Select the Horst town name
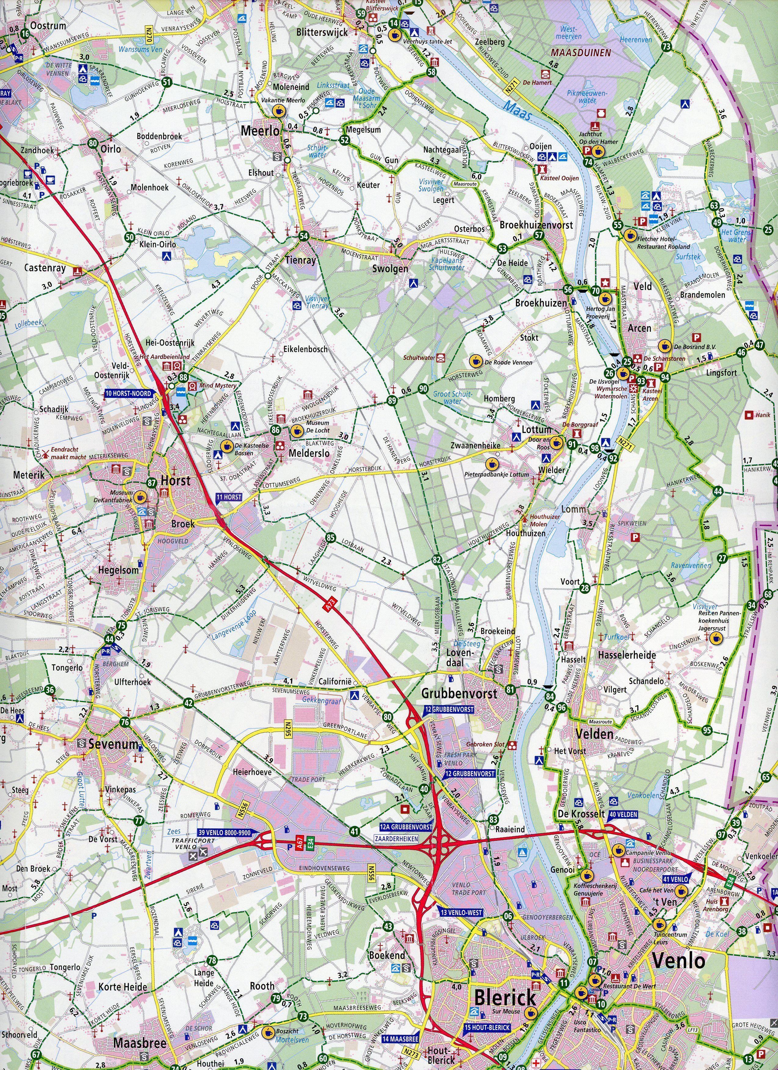pos(176,481)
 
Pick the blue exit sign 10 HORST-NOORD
pos(128,393)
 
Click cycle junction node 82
pos(437,560)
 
